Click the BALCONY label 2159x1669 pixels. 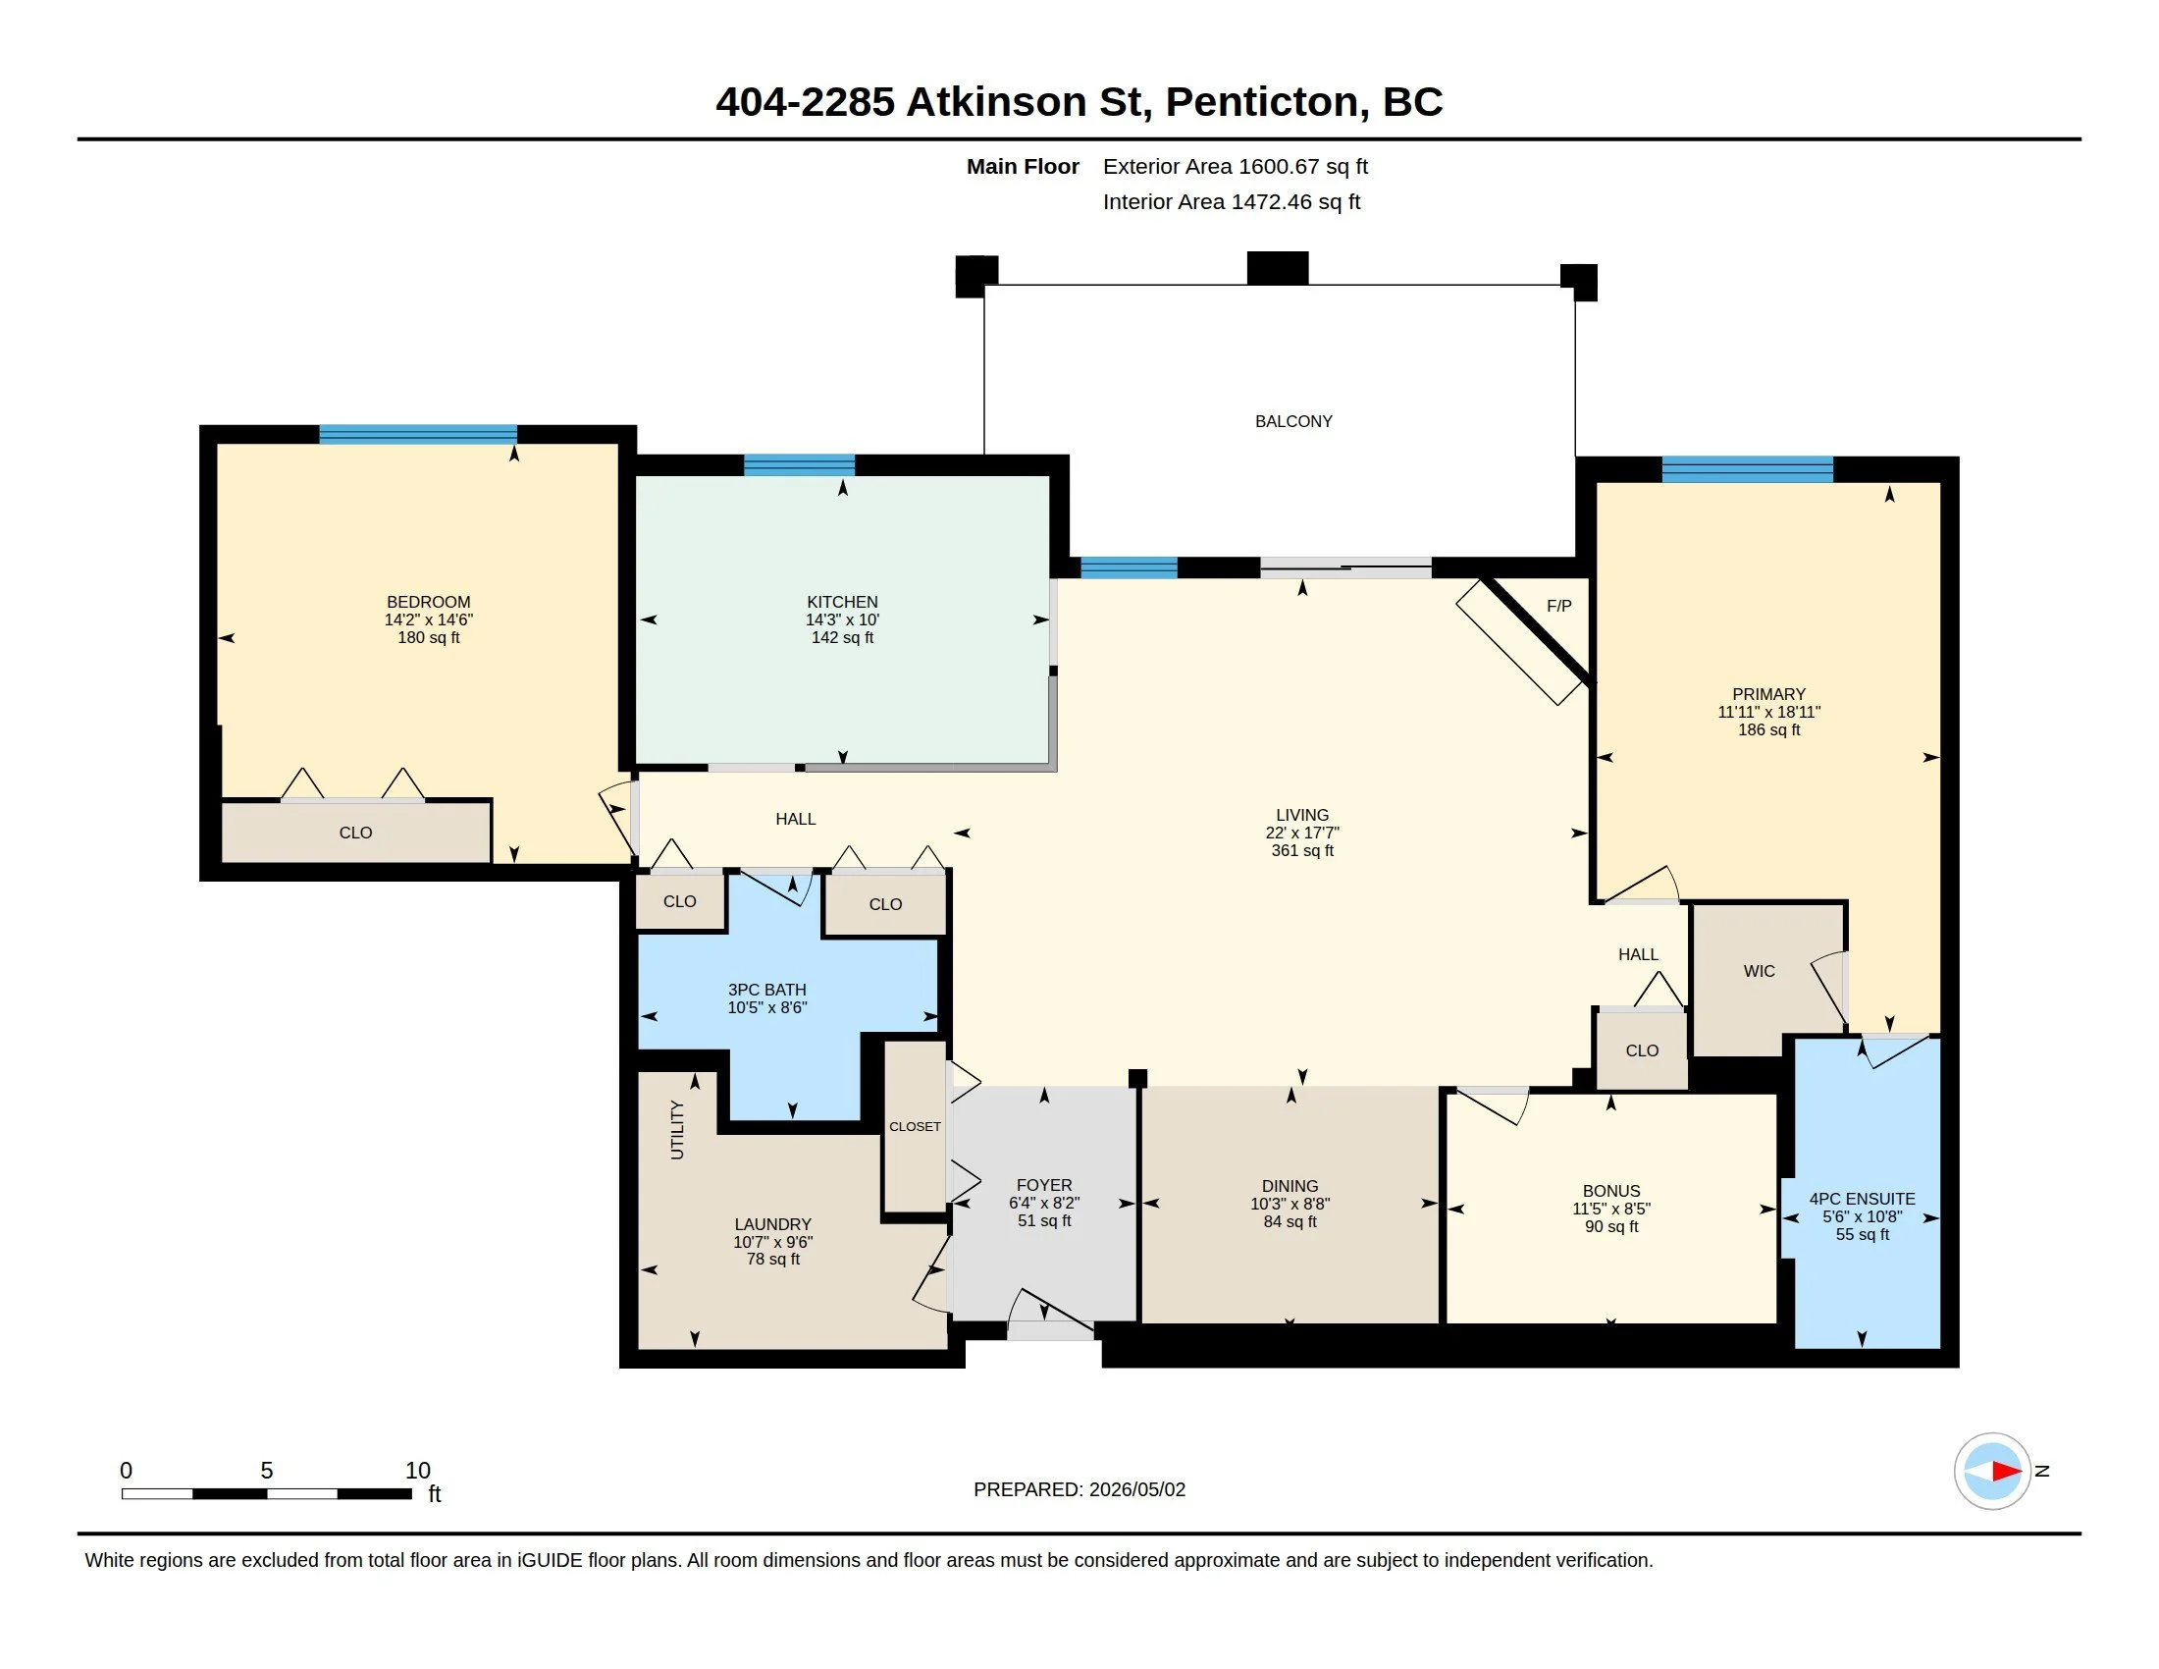1293,421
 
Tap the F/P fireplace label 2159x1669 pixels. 1559,606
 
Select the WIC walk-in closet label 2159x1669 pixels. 1760,971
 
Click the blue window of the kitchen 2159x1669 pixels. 799,464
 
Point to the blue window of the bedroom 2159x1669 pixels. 417,434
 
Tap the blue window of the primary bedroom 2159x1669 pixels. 1747,468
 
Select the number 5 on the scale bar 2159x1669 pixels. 267,1471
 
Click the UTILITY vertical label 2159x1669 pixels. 677,1129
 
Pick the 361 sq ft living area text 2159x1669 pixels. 1302,850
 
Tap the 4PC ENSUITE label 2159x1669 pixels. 1863,1199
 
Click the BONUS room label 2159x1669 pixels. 1611,1192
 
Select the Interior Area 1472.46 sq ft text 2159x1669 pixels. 1232,201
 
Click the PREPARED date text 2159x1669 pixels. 1079,1489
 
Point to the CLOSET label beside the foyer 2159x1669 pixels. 915,1126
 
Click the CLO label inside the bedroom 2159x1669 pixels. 356,833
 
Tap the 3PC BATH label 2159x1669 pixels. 767,990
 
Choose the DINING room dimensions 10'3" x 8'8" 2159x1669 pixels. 1290,1205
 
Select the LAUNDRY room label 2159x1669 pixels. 773,1224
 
